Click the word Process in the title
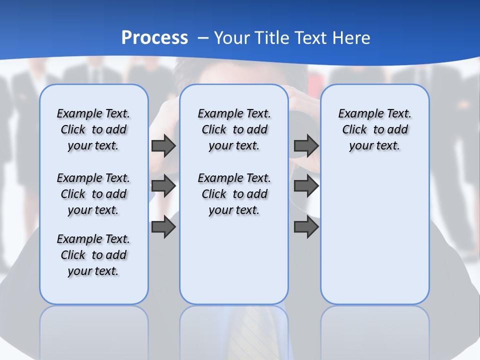(x=154, y=37)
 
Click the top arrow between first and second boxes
(x=163, y=145)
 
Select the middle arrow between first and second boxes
(x=163, y=186)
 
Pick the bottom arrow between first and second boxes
(x=163, y=227)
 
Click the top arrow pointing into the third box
(x=306, y=145)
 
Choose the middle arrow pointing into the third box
(x=306, y=186)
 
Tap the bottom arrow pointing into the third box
(x=306, y=227)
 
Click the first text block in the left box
(x=93, y=129)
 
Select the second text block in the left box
(x=93, y=194)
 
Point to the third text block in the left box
(x=93, y=255)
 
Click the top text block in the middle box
(x=234, y=129)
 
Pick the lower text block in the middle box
(x=234, y=194)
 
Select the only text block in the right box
(x=374, y=129)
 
